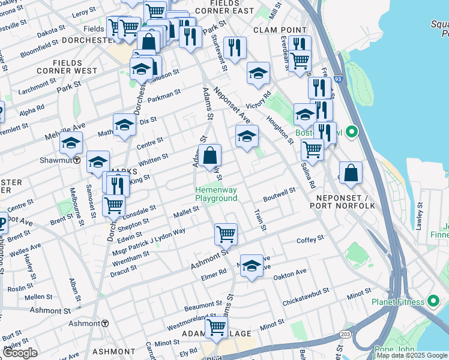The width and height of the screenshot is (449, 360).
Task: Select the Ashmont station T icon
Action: point(105,323)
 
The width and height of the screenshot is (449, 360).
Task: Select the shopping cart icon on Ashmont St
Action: point(226,234)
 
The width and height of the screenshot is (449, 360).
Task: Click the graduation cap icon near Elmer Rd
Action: point(252,265)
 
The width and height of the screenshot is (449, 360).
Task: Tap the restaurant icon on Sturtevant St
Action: point(235,47)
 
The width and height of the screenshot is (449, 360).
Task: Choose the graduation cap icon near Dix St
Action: point(124,125)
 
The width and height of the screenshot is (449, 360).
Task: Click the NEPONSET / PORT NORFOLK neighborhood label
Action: point(342,201)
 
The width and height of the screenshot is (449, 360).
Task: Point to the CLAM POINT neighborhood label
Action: point(276,29)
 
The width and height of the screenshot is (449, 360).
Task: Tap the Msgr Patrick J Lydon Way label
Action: point(154,242)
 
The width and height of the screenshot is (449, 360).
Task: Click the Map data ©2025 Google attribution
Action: point(411,355)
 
